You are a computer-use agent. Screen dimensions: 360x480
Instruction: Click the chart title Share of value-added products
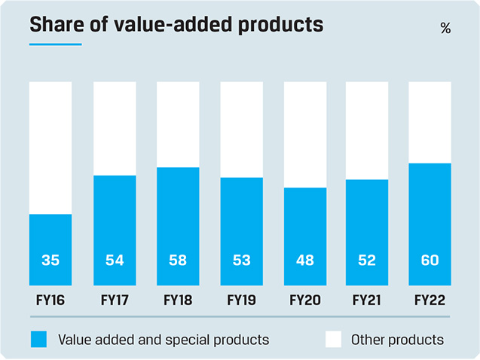[x=176, y=24]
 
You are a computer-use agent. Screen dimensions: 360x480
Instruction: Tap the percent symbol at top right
[x=445, y=29]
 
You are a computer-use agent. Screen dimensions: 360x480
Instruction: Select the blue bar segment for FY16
[x=50, y=249]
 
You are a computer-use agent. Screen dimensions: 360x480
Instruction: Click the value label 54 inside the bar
[x=114, y=261]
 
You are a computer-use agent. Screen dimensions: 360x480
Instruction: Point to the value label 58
[x=178, y=261]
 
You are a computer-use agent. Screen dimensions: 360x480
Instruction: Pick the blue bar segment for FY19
[x=241, y=230]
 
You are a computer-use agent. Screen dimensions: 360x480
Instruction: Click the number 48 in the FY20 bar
[x=304, y=261]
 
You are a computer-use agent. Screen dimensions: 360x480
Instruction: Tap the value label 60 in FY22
[x=430, y=261]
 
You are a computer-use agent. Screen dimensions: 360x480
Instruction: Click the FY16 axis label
[x=50, y=300]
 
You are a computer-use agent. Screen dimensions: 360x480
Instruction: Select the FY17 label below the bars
[x=114, y=300]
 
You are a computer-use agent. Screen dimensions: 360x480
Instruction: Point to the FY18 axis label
[x=178, y=300]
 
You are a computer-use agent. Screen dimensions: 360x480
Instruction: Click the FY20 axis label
[x=304, y=300]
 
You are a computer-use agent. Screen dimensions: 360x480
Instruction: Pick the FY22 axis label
[x=430, y=300]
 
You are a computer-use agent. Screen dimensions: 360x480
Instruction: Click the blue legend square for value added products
[x=39, y=339]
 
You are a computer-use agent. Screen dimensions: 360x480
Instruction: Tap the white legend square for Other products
[x=334, y=339]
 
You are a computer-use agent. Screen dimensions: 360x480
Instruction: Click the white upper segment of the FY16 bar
[x=50, y=148]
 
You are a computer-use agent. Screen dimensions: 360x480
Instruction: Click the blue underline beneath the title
[x=55, y=44]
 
